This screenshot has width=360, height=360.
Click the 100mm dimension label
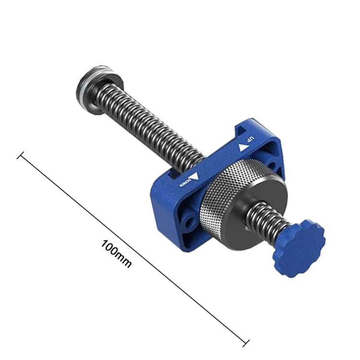coord(116,253)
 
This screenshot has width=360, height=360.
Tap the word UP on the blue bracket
coord(250,140)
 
